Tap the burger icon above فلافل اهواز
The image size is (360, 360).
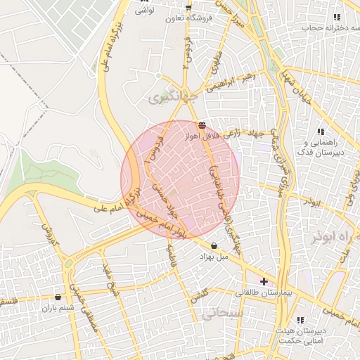click(202, 125)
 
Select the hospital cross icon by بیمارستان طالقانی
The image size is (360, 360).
click(264, 281)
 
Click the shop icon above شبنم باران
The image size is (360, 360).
click(57, 297)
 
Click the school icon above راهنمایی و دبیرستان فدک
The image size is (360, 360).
click(321, 131)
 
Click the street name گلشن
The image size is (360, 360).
click(200, 299)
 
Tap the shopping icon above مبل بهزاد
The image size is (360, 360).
click(214, 245)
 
